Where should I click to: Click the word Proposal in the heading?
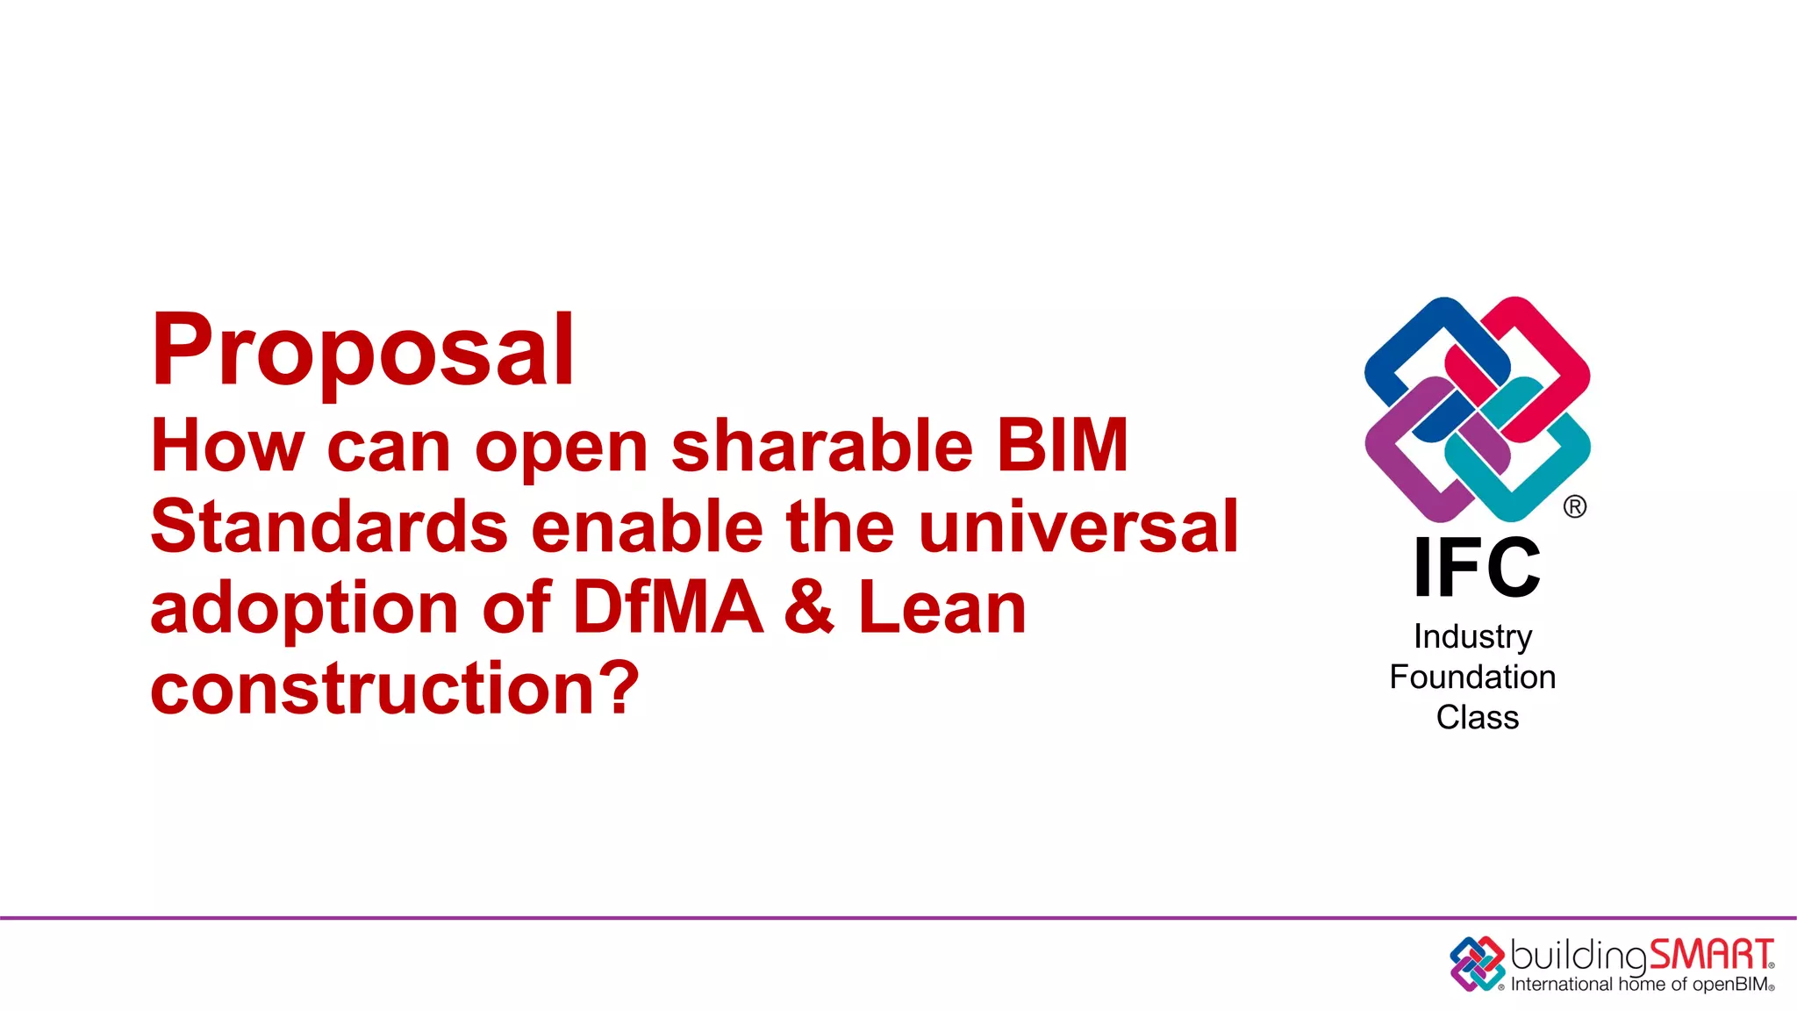[362, 351]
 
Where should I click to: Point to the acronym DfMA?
[668, 607]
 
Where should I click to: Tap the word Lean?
[942, 607]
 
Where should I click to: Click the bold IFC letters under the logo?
[1477, 569]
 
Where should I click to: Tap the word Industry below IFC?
[1473, 636]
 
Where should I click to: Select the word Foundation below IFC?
[1472, 677]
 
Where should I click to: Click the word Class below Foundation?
[1477, 717]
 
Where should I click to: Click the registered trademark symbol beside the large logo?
[1574, 506]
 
